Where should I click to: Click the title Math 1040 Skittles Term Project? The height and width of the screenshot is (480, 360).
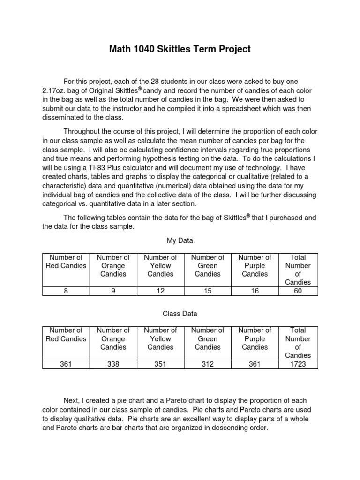click(x=180, y=49)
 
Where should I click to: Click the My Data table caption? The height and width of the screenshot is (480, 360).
click(x=180, y=240)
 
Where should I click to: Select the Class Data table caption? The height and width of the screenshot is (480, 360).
click(x=180, y=313)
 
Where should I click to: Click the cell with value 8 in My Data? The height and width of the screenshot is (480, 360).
click(x=66, y=291)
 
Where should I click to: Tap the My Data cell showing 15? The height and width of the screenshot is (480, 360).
click(x=208, y=291)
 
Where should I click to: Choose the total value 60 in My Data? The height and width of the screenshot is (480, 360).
click(x=298, y=291)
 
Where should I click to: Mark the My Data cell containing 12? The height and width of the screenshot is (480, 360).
click(x=160, y=291)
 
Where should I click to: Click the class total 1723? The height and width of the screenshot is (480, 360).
click(x=298, y=364)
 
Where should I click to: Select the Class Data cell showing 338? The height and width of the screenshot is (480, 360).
click(x=113, y=364)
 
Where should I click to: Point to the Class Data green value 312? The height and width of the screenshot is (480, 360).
click(x=208, y=364)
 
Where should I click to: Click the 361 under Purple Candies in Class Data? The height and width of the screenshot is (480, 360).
click(x=255, y=364)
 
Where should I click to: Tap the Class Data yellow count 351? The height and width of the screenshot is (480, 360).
click(x=160, y=364)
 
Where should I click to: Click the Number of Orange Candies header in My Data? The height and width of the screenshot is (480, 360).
click(x=113, y=266)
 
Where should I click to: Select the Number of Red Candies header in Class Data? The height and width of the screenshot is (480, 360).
click(x=66, y=335)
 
